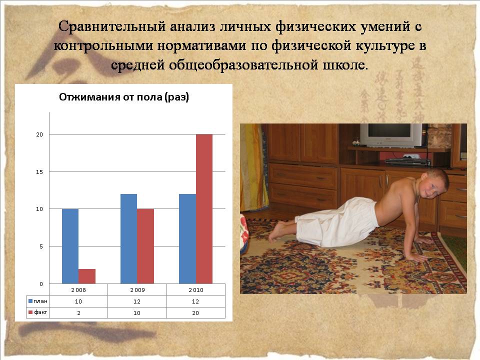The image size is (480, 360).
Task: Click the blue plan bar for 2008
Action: pos(70,246)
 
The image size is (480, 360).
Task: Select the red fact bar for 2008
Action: pos(87,276)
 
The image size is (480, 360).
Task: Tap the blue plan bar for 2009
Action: pos(129,239)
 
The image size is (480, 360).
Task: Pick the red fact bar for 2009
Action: pos(145,246)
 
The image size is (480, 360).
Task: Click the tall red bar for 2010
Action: pos(204,209)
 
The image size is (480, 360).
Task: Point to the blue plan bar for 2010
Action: pos(187,239)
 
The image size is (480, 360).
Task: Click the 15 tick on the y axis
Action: pos(39,171)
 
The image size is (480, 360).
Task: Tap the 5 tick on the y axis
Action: pos(41,246)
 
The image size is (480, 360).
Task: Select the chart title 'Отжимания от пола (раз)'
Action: pos(124,97)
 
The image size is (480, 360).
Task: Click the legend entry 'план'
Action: pos(38,301)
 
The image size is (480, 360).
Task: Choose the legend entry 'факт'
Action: pos(38,312)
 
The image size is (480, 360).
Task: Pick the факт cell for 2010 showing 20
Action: pos(195,313)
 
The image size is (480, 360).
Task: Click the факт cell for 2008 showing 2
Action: pos(78,313)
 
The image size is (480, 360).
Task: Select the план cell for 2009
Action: pos(137,301)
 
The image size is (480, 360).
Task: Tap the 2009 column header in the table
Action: pos(137,290)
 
